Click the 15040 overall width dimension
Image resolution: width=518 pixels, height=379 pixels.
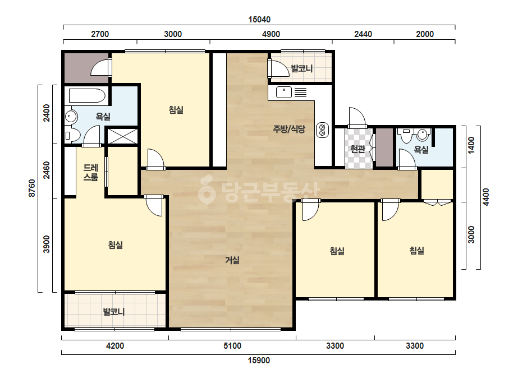(x=259, y=20)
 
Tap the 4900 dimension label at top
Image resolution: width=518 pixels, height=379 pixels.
(x=271, y=34)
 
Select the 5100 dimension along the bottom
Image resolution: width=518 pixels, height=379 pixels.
(x=232, y=346)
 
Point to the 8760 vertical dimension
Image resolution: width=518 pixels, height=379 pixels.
(x=32, y=188)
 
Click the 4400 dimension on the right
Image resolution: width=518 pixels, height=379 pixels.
(x=486, y=197)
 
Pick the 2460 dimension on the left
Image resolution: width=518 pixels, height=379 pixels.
(x=47, y=170)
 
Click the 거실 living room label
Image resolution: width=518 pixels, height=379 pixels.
(x=232, y=260)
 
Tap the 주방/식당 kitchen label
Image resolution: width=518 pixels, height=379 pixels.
(x=289, y=129)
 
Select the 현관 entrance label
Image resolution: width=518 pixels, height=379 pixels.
(x=358, y=149)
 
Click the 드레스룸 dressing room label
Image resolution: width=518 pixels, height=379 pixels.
(x=90, y=172)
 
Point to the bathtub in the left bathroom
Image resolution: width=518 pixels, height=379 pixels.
(x=87, y=96)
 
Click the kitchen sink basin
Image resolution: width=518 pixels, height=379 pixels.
(x=284, y=92)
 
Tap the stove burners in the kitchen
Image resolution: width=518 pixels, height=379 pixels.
(x=323, y=130)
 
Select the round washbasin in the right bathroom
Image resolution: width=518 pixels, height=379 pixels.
(x=422, y=135)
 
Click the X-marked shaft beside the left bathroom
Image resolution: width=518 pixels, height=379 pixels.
(x=122, y=136)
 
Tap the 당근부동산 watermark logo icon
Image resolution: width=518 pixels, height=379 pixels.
(x=207, y=190)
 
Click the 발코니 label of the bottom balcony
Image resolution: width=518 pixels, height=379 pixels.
(x=113, y=311)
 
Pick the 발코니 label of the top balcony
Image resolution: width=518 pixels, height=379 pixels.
(x=301, y=68)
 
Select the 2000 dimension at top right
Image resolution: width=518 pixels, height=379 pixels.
(x=424, y=34)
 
